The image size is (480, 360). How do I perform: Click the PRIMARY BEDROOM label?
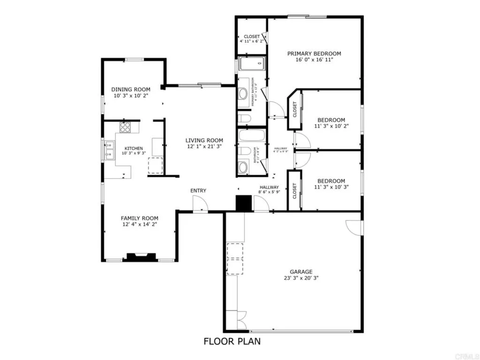(x=314, y=53)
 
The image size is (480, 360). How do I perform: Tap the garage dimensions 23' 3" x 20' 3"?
(x=301, y=277)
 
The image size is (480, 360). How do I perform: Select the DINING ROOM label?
(x=131, y=90)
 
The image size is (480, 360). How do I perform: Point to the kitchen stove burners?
(x=125, y=127)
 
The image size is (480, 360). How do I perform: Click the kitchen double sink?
(x=109, y=150)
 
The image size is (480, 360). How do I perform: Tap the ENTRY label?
(x=198, y=190)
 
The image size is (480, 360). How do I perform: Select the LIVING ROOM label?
(x=204, y=140)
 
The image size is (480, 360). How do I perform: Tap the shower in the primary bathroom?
(x=252, y=64)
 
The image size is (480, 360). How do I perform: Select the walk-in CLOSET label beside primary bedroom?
(x=252, y=37)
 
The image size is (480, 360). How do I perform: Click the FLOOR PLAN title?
(x=232, y=341)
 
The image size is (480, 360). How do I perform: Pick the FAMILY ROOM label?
(x=140, y=218)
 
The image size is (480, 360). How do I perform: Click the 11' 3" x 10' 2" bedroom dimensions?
(x=331, y=126)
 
